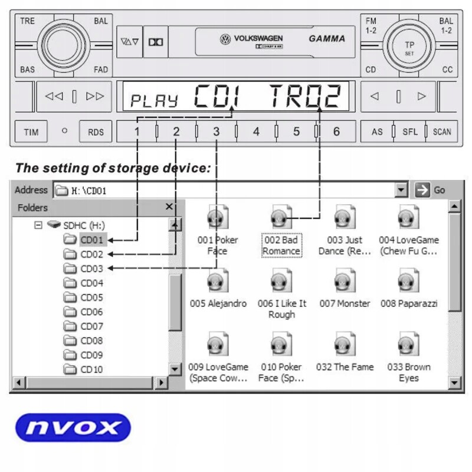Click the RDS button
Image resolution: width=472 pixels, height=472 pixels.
pos(96,132)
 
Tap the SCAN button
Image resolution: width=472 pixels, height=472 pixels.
pos(442,132)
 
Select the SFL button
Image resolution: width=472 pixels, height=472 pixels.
pos(410,132)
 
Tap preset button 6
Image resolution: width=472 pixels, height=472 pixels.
pos(336,132)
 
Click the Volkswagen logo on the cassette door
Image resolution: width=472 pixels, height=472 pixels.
pos(225,40)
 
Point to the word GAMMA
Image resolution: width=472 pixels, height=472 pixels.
pos(327,39)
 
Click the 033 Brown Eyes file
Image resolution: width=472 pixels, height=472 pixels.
pos(408,357)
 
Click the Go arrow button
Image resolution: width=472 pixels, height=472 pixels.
pos(422,190)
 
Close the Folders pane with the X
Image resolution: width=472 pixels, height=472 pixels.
pos(169,207)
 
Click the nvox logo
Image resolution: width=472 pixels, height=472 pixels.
pos(73,428)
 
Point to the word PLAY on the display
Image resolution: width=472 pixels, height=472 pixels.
pos(154,100)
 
